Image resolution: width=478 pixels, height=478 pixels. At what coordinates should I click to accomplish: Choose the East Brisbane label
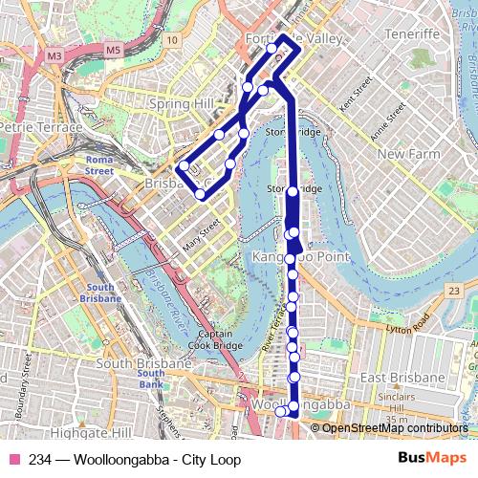[x=406, y=380]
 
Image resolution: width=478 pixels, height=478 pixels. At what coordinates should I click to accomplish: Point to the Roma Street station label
[x=99, y=165]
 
